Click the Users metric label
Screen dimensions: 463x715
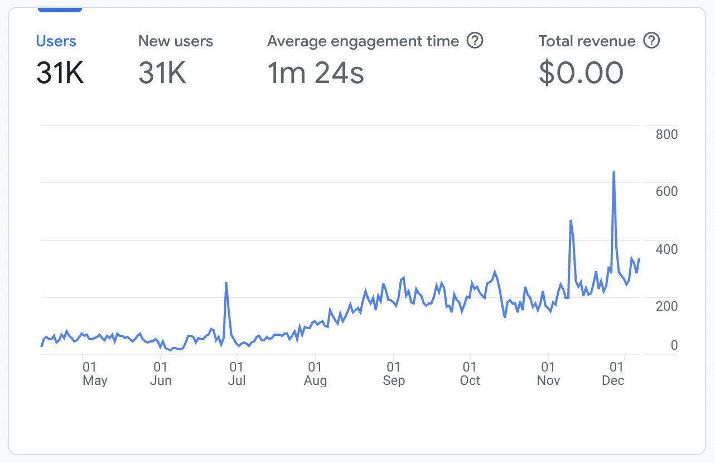pos(56,41)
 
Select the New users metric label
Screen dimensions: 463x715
pos(175,41)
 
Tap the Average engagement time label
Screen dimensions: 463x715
pos(363,41)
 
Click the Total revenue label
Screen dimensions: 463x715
pos(587,41)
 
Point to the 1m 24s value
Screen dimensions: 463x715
pos(316,73)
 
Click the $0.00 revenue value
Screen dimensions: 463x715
pos(581,73)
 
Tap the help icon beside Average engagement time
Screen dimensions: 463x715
pos(475,41)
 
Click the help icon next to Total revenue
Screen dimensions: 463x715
pos(651,41)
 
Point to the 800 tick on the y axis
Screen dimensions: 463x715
pos(666,134)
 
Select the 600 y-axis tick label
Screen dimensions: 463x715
pos(666,191)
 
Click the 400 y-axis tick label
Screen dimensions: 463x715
pos(666,249)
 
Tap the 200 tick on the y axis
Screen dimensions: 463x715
pos(666,306)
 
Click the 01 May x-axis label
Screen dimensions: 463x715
pos(94,374)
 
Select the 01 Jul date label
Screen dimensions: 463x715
pos(237,374)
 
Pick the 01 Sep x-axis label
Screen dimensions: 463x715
pos(394,374)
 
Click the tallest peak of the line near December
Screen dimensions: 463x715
pos(613,172)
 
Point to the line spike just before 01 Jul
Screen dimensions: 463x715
pos(226,283)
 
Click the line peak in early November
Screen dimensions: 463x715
pos(571,221)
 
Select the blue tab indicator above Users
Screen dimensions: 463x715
pos(60,9)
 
